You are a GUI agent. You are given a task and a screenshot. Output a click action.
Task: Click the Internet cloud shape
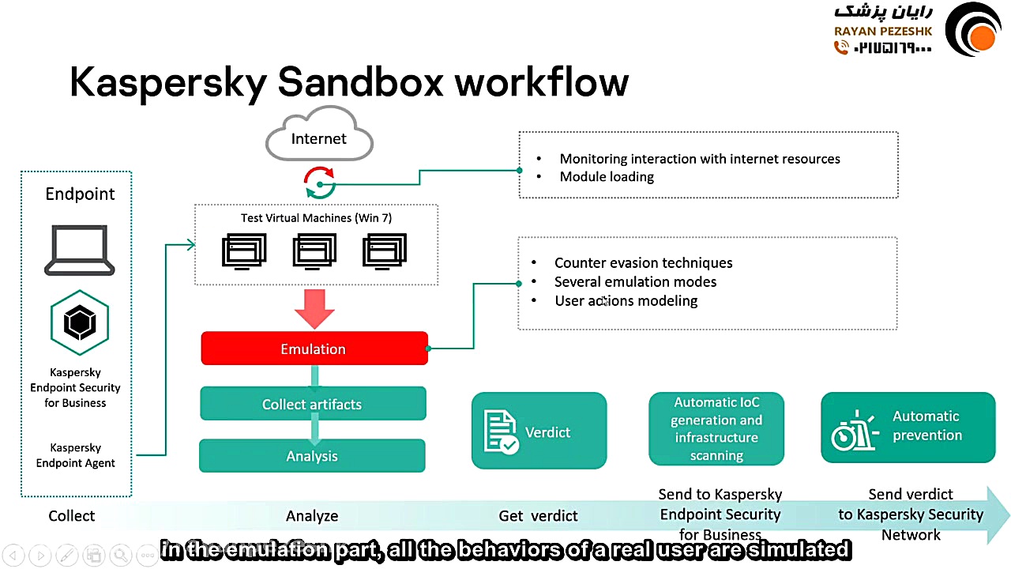click(x=319, y=139)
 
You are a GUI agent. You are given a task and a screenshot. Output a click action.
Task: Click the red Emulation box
click(x=314, y=349)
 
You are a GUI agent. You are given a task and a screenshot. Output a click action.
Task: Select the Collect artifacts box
click(x=312, y=404)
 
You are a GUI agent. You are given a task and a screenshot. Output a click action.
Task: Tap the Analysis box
click(x=312, y=456)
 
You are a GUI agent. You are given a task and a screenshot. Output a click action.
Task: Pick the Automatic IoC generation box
click(x=716, y=429)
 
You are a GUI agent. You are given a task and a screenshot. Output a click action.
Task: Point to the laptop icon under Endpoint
click(x=79, y=250)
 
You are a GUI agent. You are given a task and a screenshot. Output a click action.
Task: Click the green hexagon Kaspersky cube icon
click(x=79, y=322)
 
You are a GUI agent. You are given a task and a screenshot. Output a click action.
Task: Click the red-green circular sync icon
click(x=320, y=183)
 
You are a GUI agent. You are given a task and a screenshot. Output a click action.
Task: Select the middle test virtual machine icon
click(x=314, y=251)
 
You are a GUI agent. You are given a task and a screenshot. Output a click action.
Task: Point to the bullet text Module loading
click(x=607, y=176)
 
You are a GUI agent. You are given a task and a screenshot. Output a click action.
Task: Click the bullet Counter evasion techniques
click(x=643, y=262)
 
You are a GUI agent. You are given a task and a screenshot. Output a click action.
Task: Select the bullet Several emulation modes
click(x=635, y=281)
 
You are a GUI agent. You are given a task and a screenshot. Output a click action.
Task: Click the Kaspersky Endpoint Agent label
click(x=76, y=455)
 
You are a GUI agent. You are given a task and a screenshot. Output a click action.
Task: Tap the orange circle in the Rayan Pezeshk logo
click(x=983, y=37)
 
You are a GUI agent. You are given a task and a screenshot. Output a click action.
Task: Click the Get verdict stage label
click(x=538, y=516)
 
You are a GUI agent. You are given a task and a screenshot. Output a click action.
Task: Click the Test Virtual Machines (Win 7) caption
click(x=316, y=218)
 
